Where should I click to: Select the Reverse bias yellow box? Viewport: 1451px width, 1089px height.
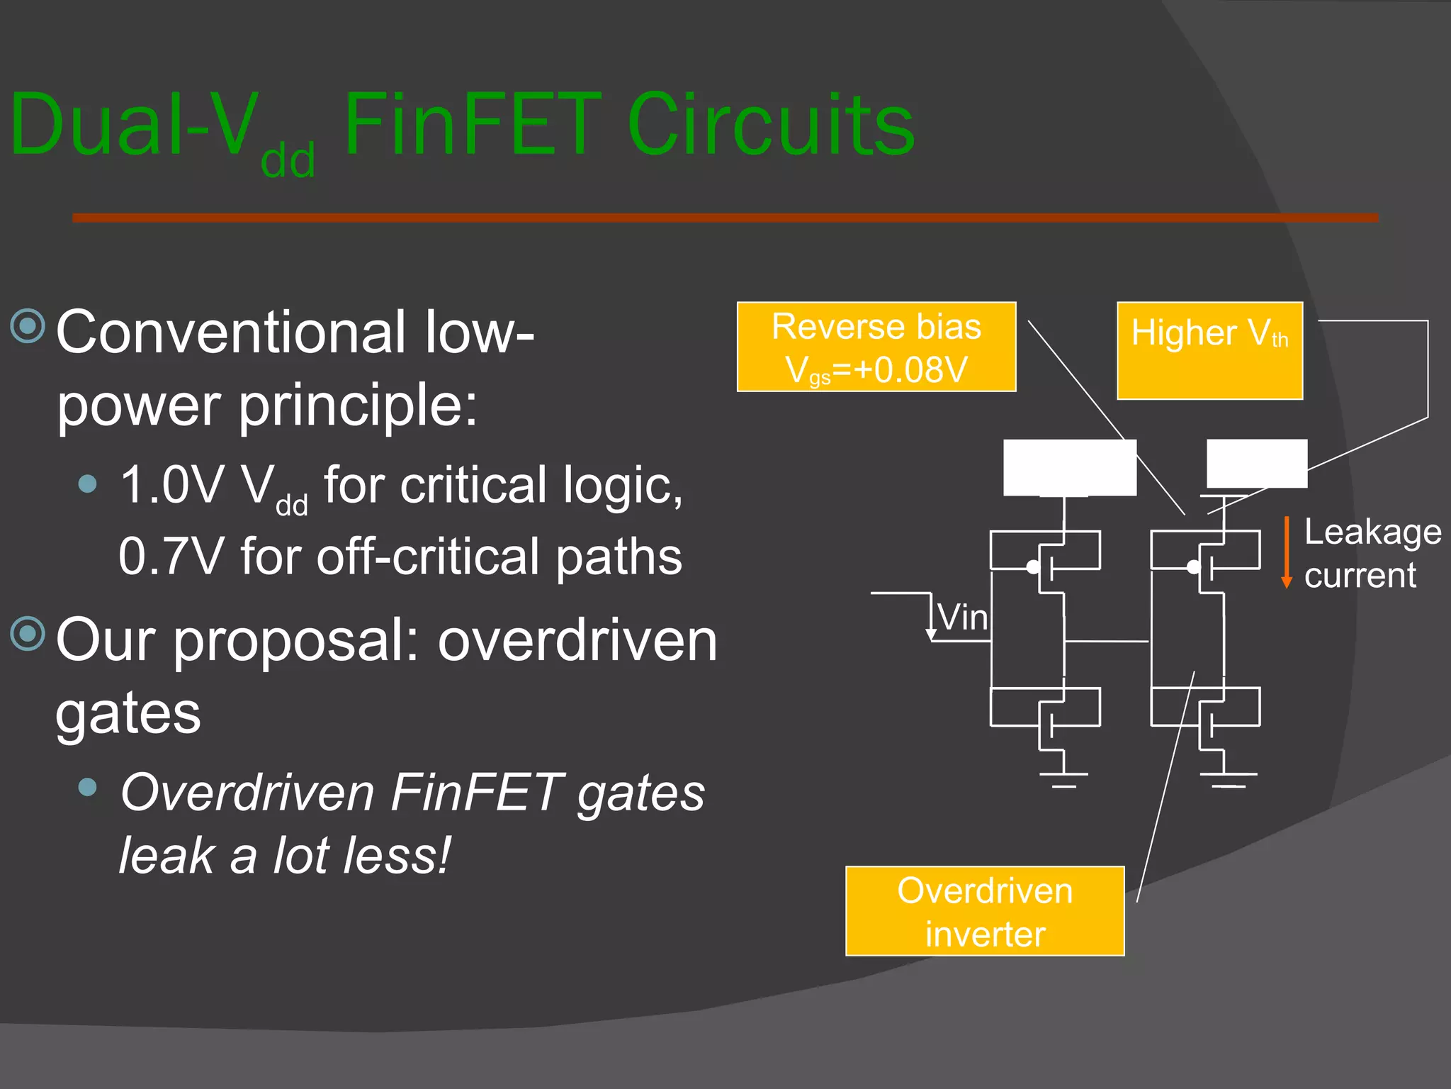(876, 347)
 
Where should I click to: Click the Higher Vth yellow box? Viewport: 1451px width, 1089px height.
(1209, 351)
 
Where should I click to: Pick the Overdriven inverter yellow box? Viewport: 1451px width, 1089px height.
(985, 911)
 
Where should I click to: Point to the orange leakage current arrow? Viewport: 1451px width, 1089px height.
(1287, 553)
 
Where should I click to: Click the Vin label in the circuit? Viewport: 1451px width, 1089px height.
(962, 617)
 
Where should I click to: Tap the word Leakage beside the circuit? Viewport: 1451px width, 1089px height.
(1372, 532)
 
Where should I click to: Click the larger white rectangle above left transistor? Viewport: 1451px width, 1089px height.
(1070, 467)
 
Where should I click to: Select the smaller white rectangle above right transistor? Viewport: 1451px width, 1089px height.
(1257, 463)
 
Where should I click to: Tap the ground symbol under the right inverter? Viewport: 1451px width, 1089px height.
(1229, 778)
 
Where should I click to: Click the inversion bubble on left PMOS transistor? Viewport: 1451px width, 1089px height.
(1033, 567)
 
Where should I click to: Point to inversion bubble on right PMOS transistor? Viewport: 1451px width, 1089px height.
(1194, 567)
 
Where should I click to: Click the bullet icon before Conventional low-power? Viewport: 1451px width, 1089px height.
(28, 326)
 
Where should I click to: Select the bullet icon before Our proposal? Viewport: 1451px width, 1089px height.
(28, 633)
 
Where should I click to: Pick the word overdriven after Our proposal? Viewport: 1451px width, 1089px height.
(577, 640)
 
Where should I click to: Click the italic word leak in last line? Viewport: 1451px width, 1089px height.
(166, 856)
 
